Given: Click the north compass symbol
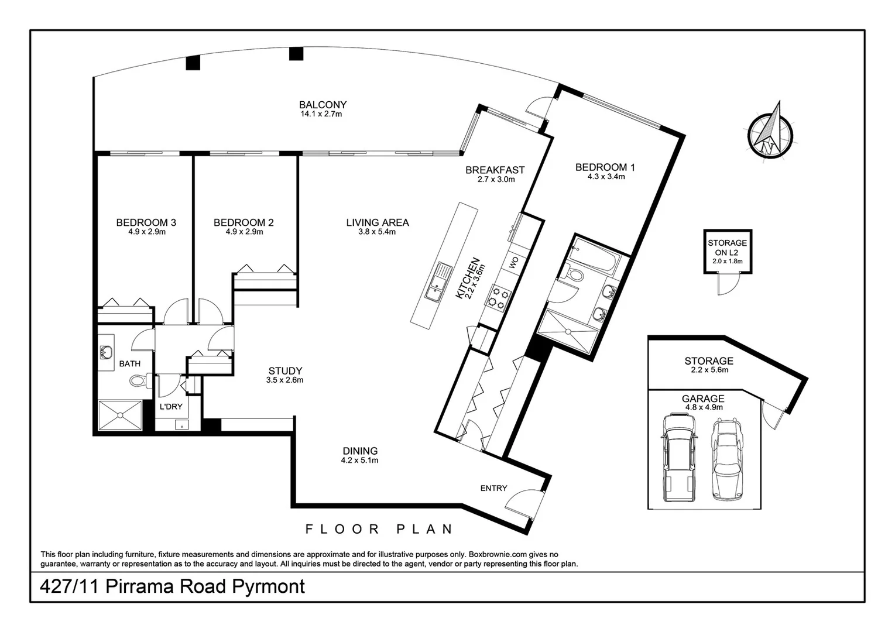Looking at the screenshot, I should click(x=770, y=132).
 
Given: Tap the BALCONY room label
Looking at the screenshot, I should click(x=323, y=105).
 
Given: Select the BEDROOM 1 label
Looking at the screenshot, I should click(x=605, y=167).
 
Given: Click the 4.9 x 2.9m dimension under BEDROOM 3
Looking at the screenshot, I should click(x=146, y=232).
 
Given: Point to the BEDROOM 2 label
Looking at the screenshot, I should click(x=244, y=222).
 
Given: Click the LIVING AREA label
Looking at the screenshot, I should click(x=377, y=222).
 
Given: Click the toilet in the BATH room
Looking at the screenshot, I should click(x=139, y=382).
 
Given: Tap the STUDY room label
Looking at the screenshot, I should click(x=285, y=371).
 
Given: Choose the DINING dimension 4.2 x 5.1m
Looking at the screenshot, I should click(x=360, y=461).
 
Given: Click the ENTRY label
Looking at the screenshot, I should click(x=493, y=488).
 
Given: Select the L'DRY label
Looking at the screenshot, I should click(x=171, y=406).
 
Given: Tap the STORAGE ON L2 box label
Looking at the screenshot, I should click(x=727, y=248).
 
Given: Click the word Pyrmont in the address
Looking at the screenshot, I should click(x=269, y=586).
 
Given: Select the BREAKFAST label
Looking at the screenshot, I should click(x=495, y=170).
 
